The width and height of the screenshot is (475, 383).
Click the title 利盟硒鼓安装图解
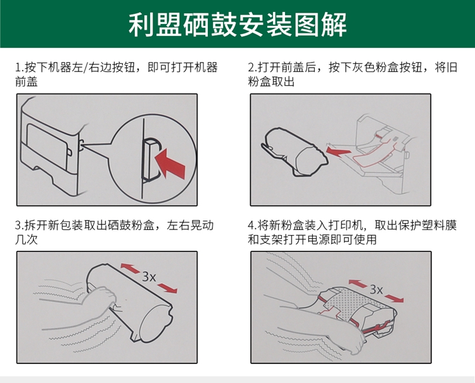pyautogui.click(x=237, y=25)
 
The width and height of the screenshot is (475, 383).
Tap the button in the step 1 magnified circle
pyautogui.click(x=150, y=160)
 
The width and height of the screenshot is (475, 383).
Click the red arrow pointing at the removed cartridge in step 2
pyautogui.click(x=339, y=151)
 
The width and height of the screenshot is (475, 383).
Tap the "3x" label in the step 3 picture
pyautogui.click(x=149, y=276)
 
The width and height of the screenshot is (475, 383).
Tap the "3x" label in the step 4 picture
pyautogui.click(x=376, y=289)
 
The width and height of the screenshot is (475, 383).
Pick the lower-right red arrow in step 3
pyautogui.click(x=168, y=288)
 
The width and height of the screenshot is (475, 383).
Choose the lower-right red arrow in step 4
pyautogui.click(x=394, y=298)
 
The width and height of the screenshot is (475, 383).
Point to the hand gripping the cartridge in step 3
pyautogui.click(x=102, y=299)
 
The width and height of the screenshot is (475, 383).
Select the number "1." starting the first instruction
pyautogui.click(x=20, y=68)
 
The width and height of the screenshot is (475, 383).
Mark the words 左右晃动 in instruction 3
pyautogui.click(x=191, y=225)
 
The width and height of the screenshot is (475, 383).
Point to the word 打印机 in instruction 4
pyautogui.click(x=345, y=225)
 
